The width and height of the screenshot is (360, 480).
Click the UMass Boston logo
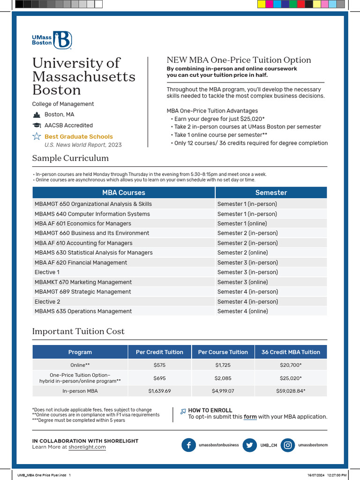(x=52, y=40)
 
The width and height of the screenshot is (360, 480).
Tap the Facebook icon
(x=188, y=445)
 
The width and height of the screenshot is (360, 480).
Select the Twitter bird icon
(x=250, y=445)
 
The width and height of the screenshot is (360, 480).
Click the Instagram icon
(x=288, y=445)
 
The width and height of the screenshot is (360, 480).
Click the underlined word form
(x=250, y=417)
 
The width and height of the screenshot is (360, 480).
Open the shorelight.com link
(x=87, y=447)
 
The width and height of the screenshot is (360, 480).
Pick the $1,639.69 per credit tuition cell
(x=159, y=390)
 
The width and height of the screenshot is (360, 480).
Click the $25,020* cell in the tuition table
(x=291, y=378)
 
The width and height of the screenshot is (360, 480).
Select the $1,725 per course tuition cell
(x=223, y=365)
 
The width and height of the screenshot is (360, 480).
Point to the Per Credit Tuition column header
(x=159, y=352)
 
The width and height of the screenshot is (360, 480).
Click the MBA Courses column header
(x=124, y=193)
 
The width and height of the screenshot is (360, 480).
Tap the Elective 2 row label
(x=47, y=301)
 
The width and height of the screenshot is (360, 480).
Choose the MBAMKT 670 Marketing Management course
(x=83, y=282)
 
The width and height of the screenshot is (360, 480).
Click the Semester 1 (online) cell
(x=242, y=224)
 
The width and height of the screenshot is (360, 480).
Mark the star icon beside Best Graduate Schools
(x=37, y=136)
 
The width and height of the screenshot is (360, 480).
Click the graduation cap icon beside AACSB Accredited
(x=37, y=126)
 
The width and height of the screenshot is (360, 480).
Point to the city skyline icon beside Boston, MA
(x=37, y=115)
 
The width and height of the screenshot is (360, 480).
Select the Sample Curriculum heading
(x=70, y=158)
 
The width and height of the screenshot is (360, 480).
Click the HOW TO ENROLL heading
(x=210, y=410)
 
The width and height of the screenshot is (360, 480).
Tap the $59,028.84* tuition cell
(x=291, y=390)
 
